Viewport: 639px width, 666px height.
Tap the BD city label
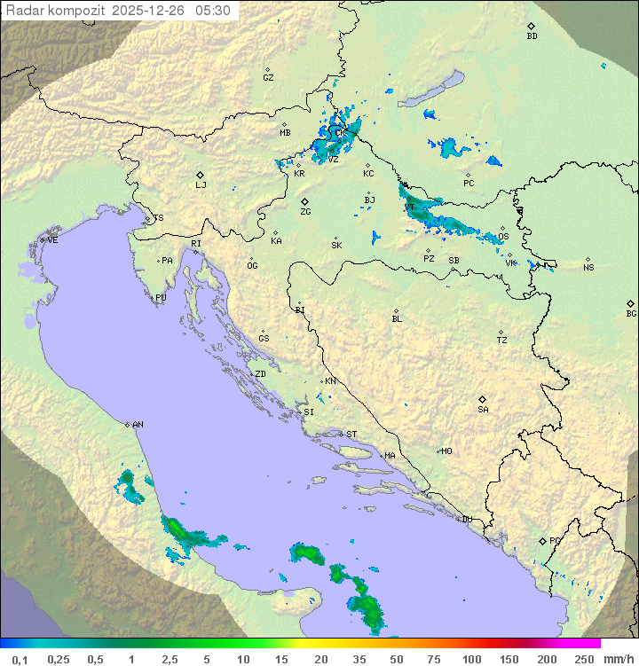pos(532,36)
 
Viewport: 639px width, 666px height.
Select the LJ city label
pos(201,185)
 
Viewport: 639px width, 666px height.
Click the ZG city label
pos(305,212)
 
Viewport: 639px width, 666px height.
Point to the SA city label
pos(483,410)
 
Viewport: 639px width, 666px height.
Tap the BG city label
pos(631,313)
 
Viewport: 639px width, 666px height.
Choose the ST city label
pos(351,435)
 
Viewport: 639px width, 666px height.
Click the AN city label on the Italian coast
pos(138,425)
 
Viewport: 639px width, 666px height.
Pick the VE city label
pos(52,240)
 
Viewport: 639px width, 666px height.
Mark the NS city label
pos(588,268)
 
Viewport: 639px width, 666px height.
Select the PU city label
pos(161,298)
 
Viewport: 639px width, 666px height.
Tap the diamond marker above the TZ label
pos(501,332)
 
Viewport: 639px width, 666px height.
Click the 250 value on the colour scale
pos(583,659)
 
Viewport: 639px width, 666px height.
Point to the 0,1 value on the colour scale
pos(20,659)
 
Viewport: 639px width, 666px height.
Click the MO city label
pos(446,451)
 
